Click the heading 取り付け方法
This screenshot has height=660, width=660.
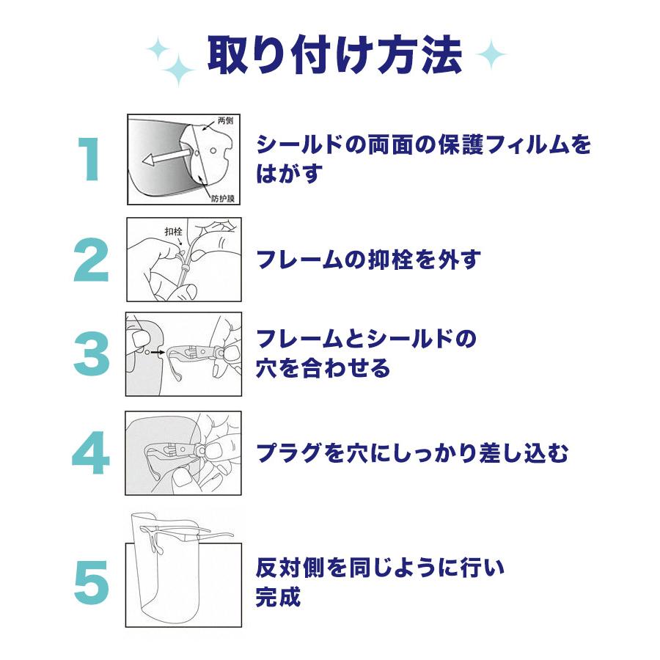point(334,55)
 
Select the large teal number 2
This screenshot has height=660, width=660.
point(92,260)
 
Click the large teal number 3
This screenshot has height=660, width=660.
point(92,353)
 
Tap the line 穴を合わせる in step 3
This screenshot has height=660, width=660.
point(323,368)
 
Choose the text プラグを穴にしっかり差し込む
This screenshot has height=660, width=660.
point(412,453)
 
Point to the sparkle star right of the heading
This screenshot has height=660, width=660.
point(491,54)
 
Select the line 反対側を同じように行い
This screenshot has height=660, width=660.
point(381,568)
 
